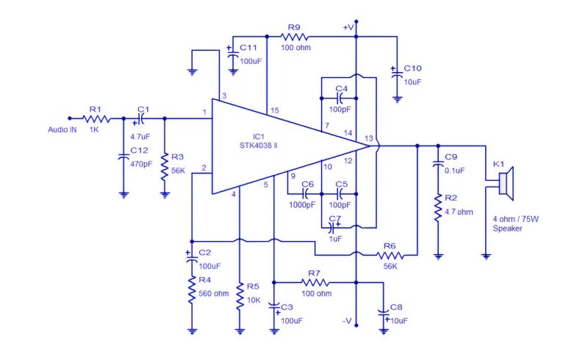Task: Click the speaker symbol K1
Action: point(506,184)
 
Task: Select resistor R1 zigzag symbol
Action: point(96,119)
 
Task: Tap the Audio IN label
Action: point(62,130)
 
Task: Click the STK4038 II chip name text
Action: point(259,145)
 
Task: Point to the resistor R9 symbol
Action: point(295,37)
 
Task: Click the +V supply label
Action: point(348,27)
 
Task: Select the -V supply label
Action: point(347,321)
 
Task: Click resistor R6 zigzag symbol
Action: point(390,256)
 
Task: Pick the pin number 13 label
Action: point(369,138)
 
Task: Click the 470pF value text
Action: point(141,164)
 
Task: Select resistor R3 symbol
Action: point(165,167)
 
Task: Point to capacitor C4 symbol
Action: point(339,98)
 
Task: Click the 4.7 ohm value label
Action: point(459,212)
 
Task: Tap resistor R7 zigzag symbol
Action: point(315,282)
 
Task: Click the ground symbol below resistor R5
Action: point(240,331)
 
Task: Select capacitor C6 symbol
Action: point(305,194)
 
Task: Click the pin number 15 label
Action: point(274,110)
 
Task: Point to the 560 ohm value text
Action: point(213,294)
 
